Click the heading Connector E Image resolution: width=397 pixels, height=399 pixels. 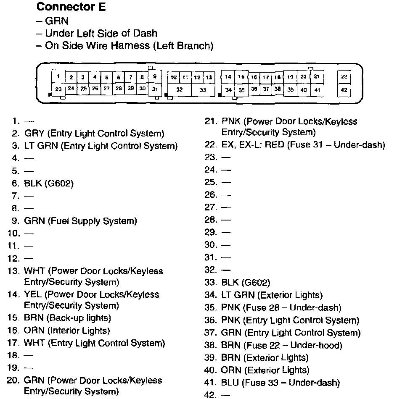pyautogui.click(x=71, y=7)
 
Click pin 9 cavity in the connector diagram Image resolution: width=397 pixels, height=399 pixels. pyautogui.click(x=155, y=76)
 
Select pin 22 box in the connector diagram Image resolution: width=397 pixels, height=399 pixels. pyautogui.click(x=344, y=76)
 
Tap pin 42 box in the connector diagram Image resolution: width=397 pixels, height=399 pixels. pyautogui.click(x=344, y=89)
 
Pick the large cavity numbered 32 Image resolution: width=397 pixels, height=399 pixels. pyautogui.click(x=179, y=90)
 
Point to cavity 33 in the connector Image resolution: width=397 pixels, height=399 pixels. pyautogui.click(x=203, y=90)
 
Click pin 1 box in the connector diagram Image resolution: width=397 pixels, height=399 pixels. pyautogui.click(x=58, y=76)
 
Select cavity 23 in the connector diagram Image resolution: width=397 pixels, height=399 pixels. pyautogui.click(x=58, y=89)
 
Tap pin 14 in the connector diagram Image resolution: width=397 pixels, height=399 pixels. pyautogui.click(x=228, y=76)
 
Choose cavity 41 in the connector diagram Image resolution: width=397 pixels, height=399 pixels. pyautogui.click(x=317, y=90)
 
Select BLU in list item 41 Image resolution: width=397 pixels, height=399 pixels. pyautogui.click(x=230, y=383)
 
